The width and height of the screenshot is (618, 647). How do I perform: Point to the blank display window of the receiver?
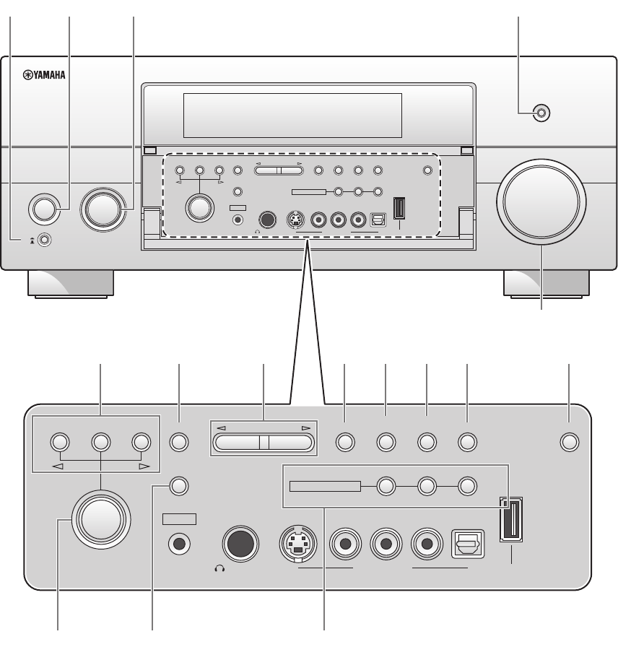pyautogui.click(x=292, y=110)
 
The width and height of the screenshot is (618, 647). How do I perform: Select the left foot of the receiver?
pyautogui.click(x=71, y=283)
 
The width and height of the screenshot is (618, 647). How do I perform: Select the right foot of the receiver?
pyautogui.click(x=546, y=283)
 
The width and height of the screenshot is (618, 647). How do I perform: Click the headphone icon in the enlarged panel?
pyautogui.click(x=219, y=568)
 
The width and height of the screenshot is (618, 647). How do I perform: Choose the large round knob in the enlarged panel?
pyautogui.click(x=102, y=518)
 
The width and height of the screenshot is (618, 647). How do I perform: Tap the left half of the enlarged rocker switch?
pyautogui.click(x=240, y=443)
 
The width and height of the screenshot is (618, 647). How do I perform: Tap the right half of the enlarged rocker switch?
pyautogui.click(x=291, y=443)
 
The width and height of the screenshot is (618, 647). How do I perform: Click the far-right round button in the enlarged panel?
pyautogui.click(x=570, y=442)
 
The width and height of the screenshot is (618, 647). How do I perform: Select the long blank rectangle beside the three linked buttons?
pyautogui.click(x=324, y=486)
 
